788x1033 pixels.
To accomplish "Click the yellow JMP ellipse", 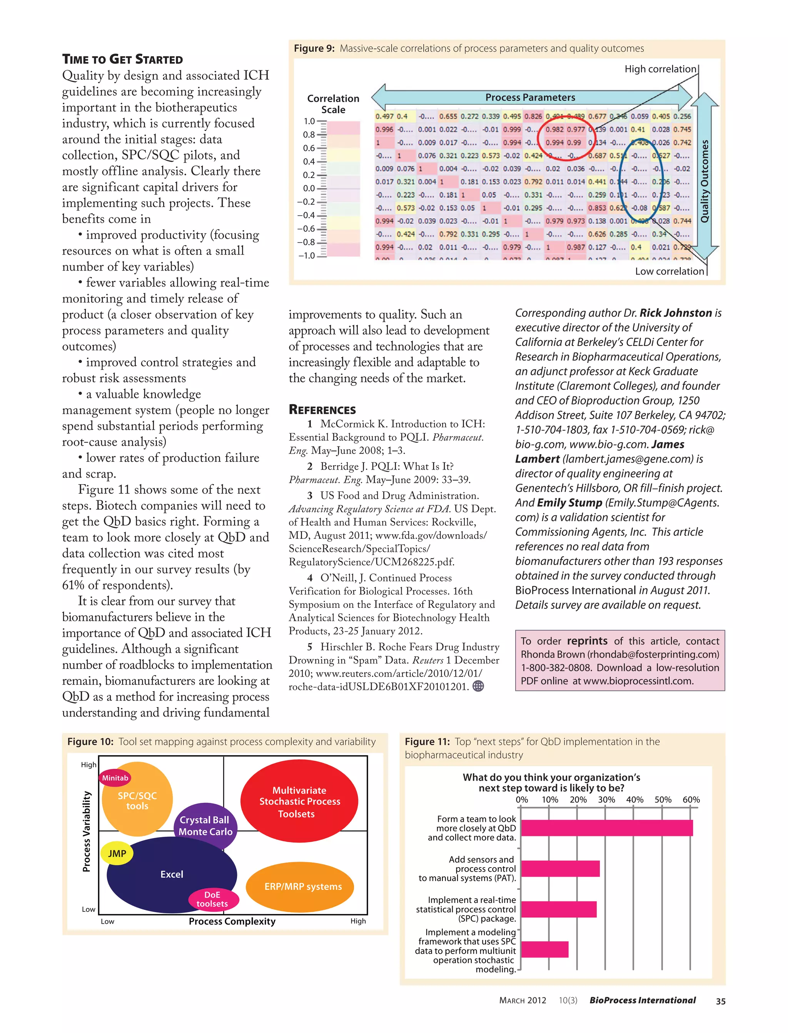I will click(117, 853).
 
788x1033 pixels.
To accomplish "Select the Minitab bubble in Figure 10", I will click(115, 778).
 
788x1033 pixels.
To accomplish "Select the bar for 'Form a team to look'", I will click(606, 828).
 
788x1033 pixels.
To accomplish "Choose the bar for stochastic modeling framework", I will click(544, 949).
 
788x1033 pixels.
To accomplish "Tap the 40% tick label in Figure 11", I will click(634, 799).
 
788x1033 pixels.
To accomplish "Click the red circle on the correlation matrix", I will click(565, 132).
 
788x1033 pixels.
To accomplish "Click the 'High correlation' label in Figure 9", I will click(660, 69).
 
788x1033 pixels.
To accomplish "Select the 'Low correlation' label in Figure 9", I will click(669, 271).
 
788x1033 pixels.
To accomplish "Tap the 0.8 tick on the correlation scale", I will click(309, 135).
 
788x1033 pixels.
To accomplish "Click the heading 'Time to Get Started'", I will click(122, 59).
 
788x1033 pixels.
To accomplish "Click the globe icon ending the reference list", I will click(478, 686).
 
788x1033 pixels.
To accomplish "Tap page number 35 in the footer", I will click(720, 1001).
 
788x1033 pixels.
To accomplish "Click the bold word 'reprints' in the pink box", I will click(587, 641).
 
